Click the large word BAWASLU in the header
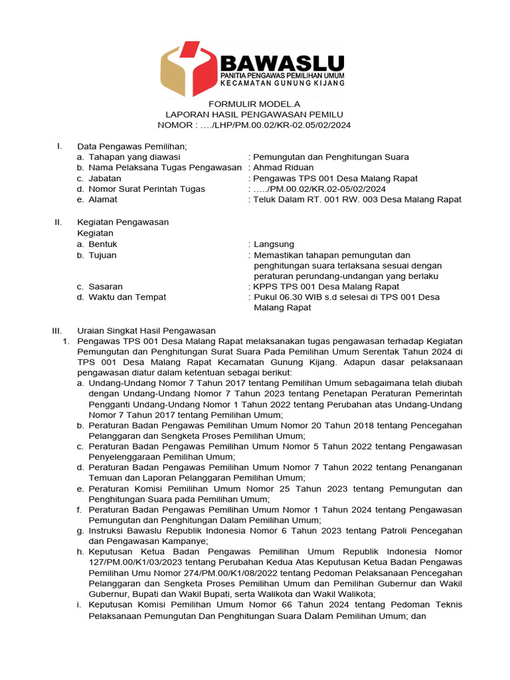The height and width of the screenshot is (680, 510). tap(282, 64)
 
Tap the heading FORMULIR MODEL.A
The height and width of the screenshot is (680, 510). tap(254, 104)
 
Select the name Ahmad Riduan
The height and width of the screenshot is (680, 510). tap(284, 167)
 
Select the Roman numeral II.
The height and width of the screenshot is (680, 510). tap(58, 222)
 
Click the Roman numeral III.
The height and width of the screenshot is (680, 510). tap(57, 330)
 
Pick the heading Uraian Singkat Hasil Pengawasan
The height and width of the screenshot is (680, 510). tap(146, 330)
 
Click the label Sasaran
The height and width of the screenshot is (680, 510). tap(106, 287)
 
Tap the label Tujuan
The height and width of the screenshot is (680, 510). tap(104, 255)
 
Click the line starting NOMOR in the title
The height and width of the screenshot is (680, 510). tap(254, 125)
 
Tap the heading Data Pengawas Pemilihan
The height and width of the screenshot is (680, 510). tap(132, 146)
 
